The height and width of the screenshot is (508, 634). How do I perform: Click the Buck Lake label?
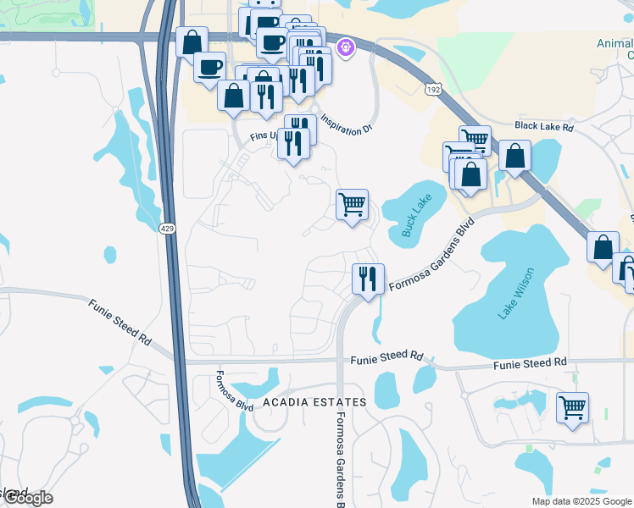[x=418, y=216]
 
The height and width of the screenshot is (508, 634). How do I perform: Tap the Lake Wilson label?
[x=516, y=293]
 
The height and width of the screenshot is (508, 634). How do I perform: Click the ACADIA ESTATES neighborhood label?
[x=314, y=402]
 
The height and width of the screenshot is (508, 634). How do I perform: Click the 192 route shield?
[x=433, y=89]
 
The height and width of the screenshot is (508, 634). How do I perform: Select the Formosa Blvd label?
[x=235, y=390]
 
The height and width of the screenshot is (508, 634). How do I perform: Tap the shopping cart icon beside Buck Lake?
[x=352, y=204]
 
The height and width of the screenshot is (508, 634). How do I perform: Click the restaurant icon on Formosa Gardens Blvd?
[x=368, y=279]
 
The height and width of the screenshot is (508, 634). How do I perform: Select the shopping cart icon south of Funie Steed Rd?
[x=572, y=407]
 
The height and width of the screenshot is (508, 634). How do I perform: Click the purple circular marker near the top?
[x=346, y=48]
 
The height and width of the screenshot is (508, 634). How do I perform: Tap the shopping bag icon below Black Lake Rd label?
[x=514, y=156]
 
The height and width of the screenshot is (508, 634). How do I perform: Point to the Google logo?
[x=28, y=498]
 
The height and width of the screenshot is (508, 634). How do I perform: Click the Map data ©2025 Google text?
[x=581, y=501]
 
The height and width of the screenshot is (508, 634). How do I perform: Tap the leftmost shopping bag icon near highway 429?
[x=192, y=41]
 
